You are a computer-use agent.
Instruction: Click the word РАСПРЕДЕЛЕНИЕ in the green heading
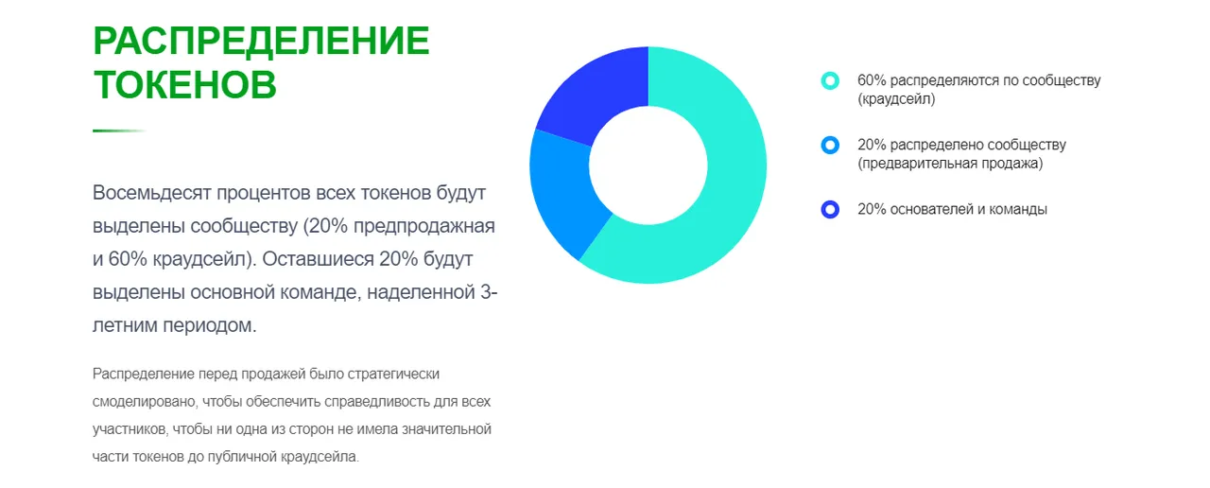pos(262,41)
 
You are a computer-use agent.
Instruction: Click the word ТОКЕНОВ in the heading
pos(184,84)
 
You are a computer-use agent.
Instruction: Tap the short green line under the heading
pos(119,131)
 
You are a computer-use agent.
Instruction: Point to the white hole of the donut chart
pos(648,166)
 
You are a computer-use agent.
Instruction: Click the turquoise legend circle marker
pos(830,81)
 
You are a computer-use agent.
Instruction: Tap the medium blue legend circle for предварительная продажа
pos(830,146)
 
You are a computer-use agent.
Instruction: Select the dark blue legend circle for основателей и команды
pos(830,210)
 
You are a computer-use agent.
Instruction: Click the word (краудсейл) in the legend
pos(896,99)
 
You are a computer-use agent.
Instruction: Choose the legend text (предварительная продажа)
pos(950,164)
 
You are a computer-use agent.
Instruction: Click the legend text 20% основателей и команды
pos(952,209)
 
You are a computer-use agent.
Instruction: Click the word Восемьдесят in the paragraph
pos(152,193)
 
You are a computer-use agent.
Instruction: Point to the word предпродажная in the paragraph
pos(424,226)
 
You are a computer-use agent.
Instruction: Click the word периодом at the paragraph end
pos(210,325)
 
